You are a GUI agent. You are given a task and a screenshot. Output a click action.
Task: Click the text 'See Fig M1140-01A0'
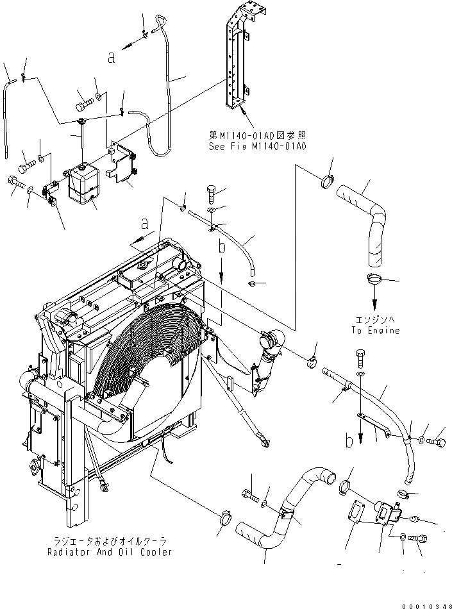pyautogui.click(x=257, y=146)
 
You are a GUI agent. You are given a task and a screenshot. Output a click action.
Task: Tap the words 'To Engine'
pyautogui.click(x=375, y=331)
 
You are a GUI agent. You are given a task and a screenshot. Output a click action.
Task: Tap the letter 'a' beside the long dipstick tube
pyautogui.click(x=112, y=58)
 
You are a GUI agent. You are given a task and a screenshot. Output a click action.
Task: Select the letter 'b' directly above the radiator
pyautogui.click(x=222, y=246)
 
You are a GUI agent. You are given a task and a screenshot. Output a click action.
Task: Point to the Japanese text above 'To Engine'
pyautogui.click(x=375, y=319)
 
